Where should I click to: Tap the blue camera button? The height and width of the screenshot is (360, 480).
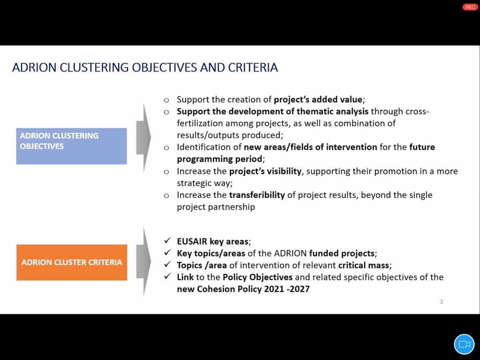(x=464, y=344)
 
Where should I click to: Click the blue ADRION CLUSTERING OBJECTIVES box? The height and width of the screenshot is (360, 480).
(x=71, y=146)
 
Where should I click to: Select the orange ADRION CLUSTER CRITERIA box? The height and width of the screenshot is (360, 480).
(x=72, y=262)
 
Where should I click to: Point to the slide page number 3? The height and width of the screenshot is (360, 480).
(x=441, y=302)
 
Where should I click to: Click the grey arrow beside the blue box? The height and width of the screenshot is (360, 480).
(x=143, y=138)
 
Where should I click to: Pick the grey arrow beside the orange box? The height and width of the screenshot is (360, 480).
(x=143, y=262)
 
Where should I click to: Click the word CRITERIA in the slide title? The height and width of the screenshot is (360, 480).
(x=254, y=68)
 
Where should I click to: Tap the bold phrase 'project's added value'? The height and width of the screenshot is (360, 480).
(x=318, y=100)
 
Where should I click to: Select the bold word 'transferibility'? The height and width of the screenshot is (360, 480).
(x=257, y=195)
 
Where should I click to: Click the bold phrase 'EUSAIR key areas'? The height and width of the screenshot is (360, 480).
(x=213, y=241)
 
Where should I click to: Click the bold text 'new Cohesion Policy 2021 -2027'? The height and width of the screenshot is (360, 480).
(x=243, y=288)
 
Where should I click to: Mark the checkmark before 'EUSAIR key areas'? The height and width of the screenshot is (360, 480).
(x=167, y=241)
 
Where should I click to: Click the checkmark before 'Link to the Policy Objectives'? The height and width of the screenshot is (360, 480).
(x=167, y=277)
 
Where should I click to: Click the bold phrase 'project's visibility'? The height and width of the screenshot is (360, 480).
(x=265, y=171)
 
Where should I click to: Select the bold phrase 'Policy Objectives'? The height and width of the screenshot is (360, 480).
(x=258, y=277)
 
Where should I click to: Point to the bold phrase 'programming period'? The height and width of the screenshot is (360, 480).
(x=220, y=159)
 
